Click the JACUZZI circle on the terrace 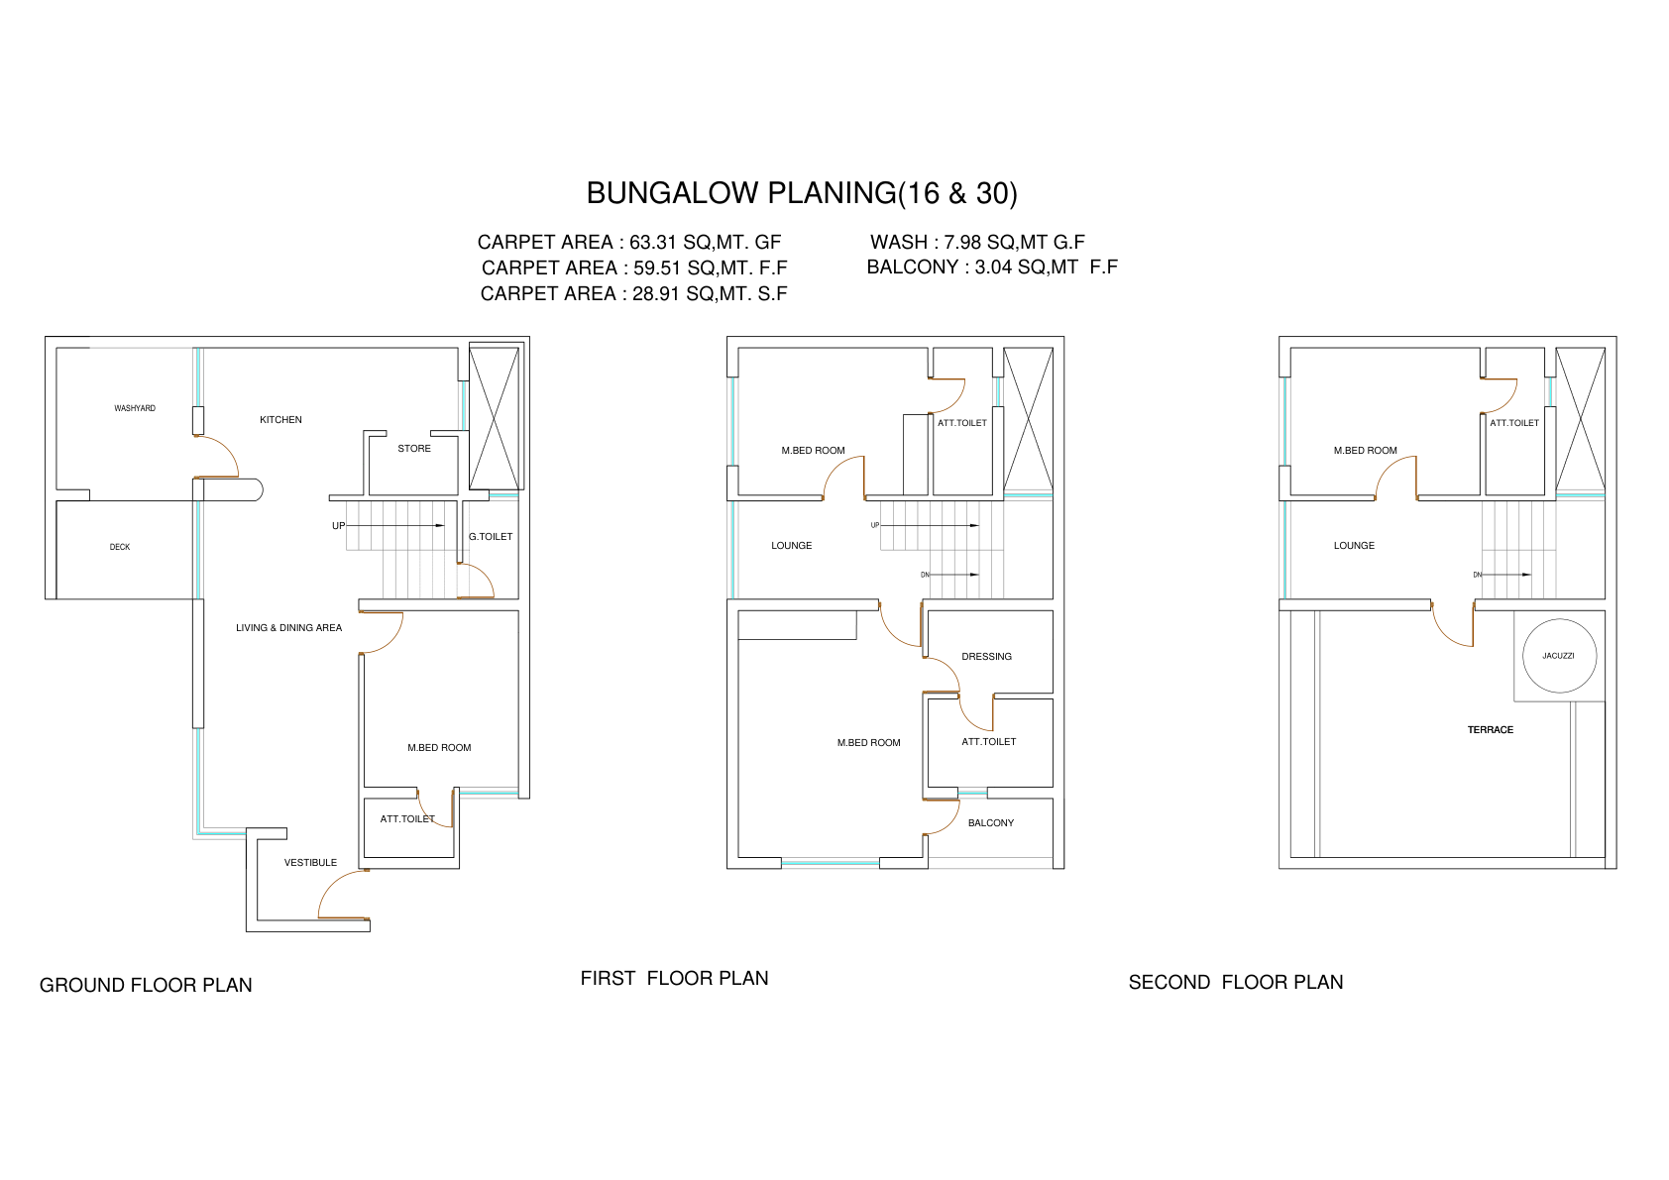(x=1523, y=656)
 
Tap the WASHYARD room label (x=135, y=408)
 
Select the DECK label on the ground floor (x=120, y=547)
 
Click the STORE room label (x=414, y=449)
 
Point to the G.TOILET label (x=491, y=536)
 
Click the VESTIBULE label (x=310, y=863)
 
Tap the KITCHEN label (x=280, y=419)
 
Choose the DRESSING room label (x=986, y=656)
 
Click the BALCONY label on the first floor (x=991, y=822)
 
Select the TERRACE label (x=1491, y=730)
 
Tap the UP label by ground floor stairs (x=338, y=526)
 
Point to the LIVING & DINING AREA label (x=289, y=628)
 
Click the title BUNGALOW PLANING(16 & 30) (x=802, y=193)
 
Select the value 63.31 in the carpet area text (x=653, y=242)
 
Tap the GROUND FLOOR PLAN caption (x=146, y=985)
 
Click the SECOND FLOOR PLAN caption (x=1236, y=983)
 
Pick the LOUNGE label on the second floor (x=1354, y=545)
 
